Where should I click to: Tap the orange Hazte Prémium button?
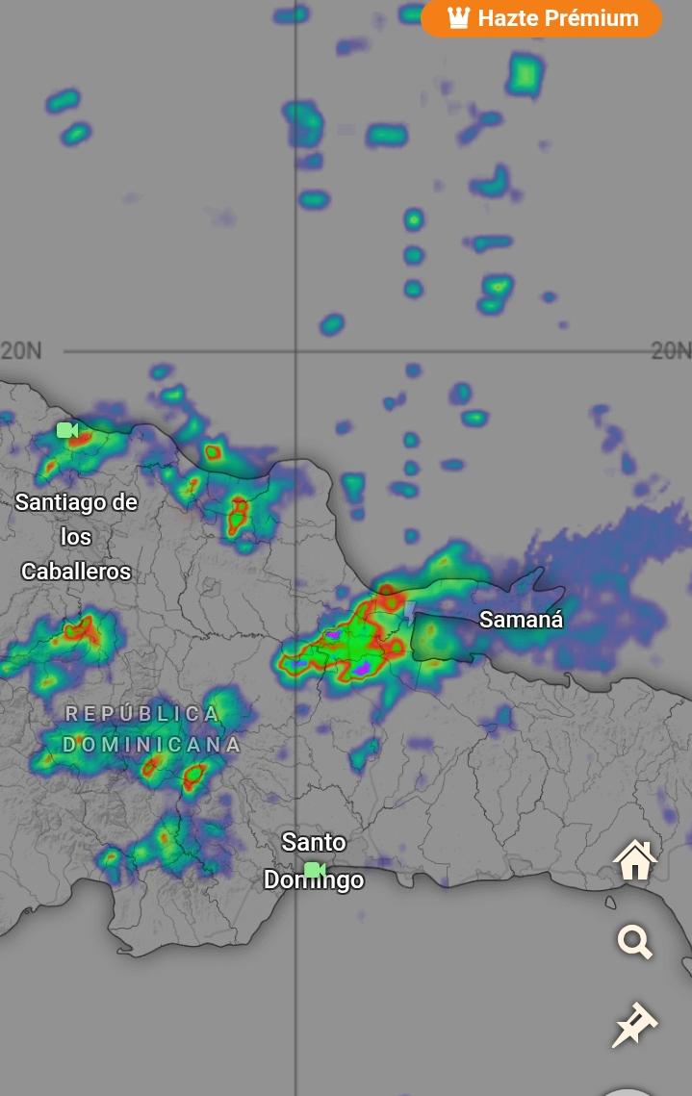point(541,18)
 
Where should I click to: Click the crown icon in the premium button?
point(458,18)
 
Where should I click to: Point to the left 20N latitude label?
point(21,350)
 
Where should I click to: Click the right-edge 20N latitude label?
point(671,350)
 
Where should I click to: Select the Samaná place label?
point(521,620)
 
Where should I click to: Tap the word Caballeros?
point(76,571)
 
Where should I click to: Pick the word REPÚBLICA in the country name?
point(142,714)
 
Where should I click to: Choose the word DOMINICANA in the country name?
point(152,745)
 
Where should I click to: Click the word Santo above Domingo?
point(314,843)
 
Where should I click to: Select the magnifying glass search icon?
point(635,942)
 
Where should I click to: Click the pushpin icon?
point(634,1025)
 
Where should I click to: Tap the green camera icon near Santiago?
point(66,430)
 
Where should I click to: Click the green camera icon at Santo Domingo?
point(314,870)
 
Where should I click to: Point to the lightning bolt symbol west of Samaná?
point(409,613)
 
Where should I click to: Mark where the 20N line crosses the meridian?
point(295,351)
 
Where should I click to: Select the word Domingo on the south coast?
point(314,880)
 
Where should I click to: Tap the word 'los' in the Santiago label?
point(76,536)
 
